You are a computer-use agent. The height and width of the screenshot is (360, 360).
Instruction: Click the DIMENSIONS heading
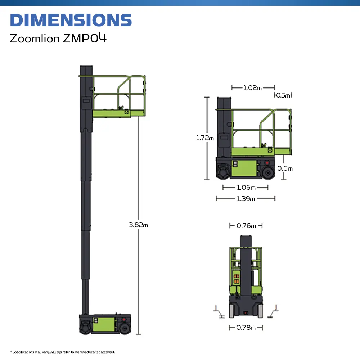[71, 20]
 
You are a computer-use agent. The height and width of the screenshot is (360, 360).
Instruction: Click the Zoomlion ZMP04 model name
[58, 38]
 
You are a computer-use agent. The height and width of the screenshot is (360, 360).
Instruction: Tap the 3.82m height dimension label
[139, 225]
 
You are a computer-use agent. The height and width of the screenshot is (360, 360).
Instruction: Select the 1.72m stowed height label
[205, 138]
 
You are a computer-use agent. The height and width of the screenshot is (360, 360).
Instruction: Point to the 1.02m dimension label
[252, 88]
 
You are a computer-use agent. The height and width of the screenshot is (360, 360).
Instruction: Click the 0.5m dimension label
[283, 95]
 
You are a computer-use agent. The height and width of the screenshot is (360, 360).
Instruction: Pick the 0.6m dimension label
[285, 168]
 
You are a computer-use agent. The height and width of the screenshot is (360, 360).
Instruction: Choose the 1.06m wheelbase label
[246, 188]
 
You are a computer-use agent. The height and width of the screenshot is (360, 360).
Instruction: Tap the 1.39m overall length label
[246, 199]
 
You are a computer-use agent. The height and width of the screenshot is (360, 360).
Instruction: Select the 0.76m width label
[246, 226]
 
